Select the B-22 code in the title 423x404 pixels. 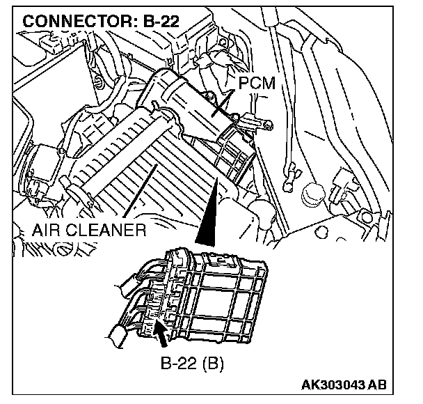coord(159,21)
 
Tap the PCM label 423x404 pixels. coord(257,84)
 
